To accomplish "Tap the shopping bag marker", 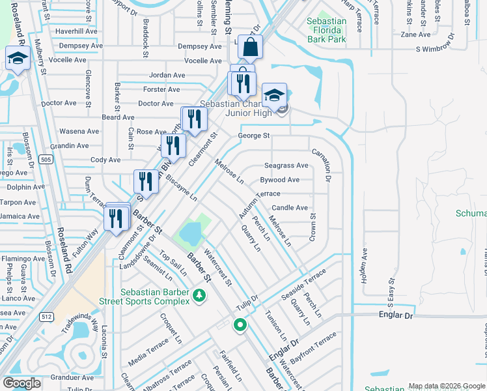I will click(250, 48).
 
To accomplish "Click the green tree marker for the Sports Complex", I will click(199, 297).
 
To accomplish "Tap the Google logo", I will click(23, 383).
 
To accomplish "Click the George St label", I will click(253, 136).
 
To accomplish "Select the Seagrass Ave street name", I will click(286, 166).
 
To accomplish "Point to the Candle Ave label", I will click(289, 208).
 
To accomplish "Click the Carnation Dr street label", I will click(322, 164).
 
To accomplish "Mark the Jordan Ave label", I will click(167, 75).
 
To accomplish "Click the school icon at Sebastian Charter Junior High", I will click(274, 95).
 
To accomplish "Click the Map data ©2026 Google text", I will click(447, 386).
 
